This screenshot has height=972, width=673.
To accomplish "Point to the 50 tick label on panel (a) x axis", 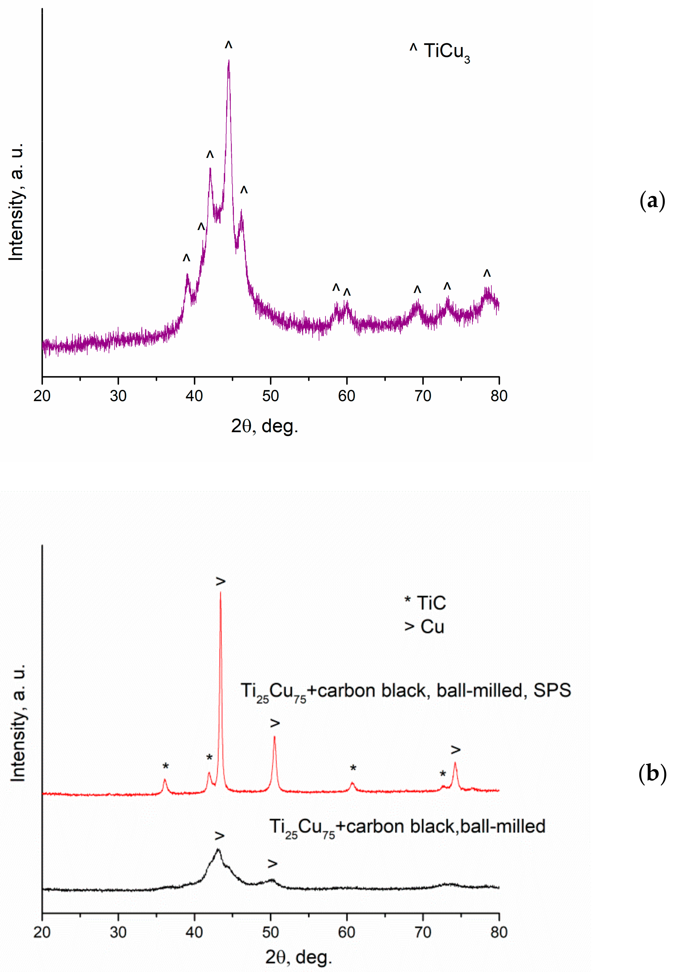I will click(x=270, y=396).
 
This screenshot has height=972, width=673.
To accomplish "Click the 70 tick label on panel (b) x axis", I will click(x=423, y=932).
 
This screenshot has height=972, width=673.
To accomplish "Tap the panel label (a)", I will click(x=652, y=201).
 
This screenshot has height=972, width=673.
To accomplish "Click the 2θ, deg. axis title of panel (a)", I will click(x=264, y=426).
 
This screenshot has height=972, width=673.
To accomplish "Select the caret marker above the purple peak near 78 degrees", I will click(x=487, y=274).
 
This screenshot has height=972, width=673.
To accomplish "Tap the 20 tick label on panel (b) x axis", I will click(x=42, y=932).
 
